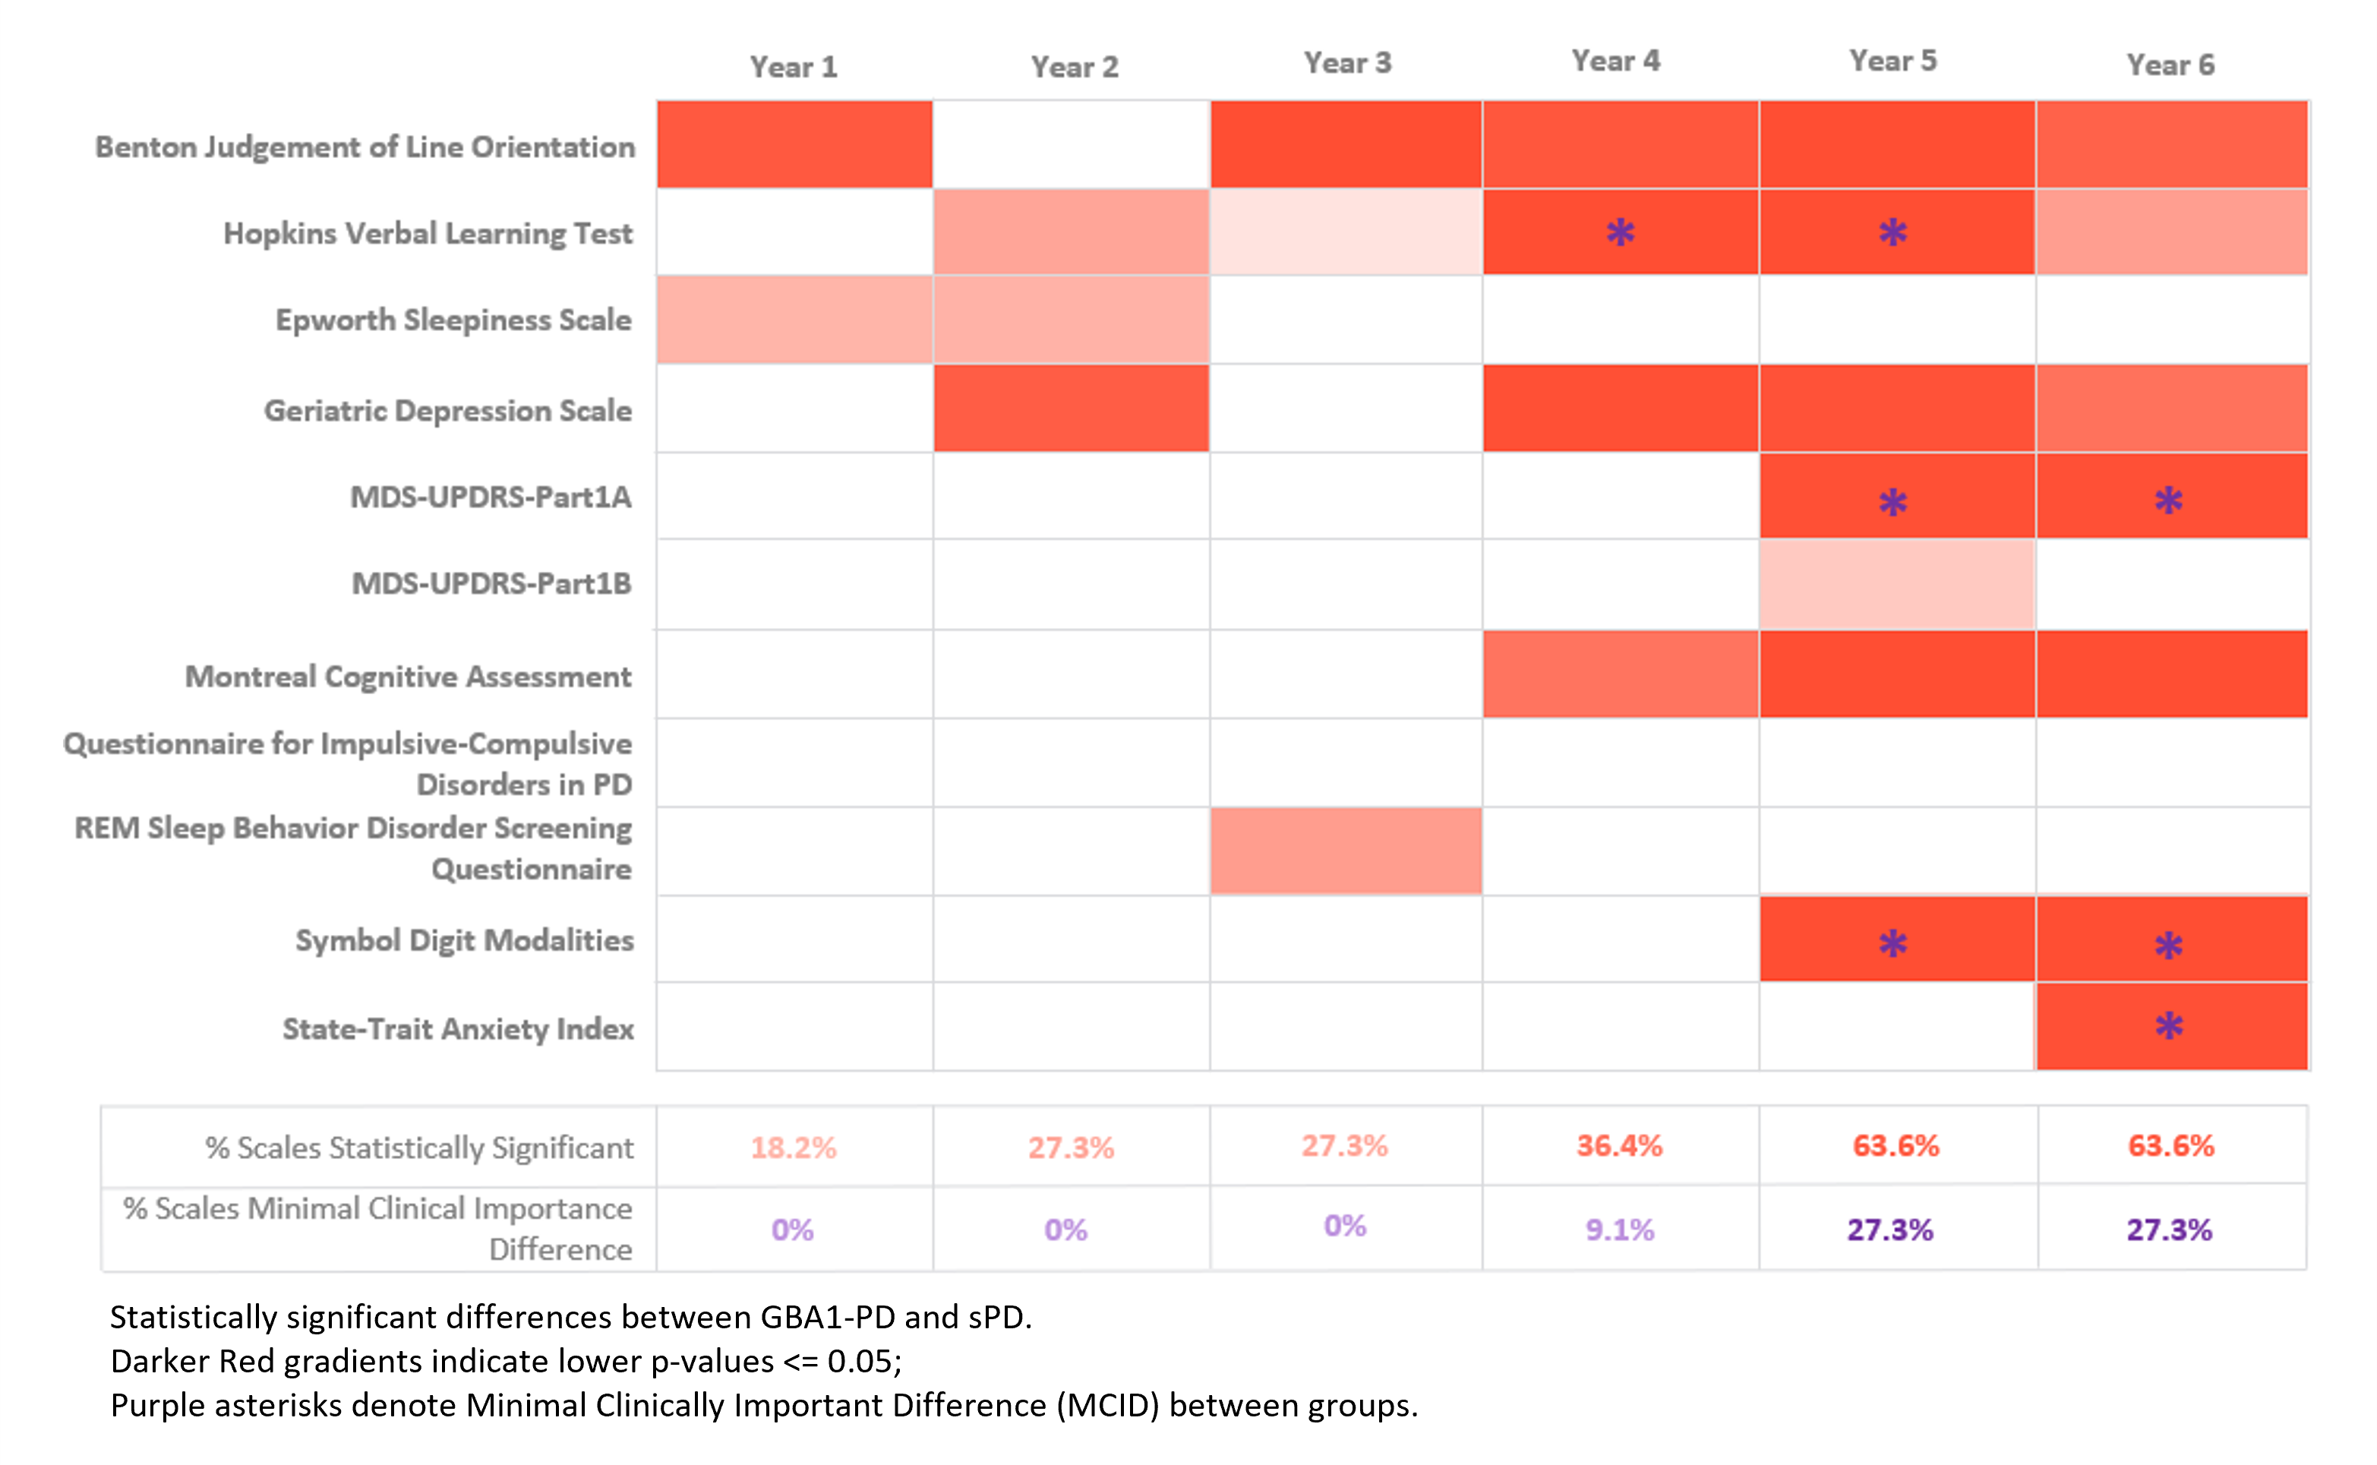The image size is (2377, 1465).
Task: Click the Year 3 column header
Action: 1346,63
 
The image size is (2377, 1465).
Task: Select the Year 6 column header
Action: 2170,65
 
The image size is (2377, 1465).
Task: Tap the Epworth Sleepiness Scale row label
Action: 453,320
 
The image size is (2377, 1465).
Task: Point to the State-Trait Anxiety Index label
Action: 457,1028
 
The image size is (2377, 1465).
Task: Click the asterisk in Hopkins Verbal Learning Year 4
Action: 1620,232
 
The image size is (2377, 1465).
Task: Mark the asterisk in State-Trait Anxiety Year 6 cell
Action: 2169,1025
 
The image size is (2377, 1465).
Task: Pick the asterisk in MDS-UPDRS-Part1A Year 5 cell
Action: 1892,502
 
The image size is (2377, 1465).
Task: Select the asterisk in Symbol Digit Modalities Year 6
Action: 2169,945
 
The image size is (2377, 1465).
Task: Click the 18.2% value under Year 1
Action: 794,1148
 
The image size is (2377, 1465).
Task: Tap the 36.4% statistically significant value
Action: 1618,1146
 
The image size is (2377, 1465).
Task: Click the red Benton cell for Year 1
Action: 794,144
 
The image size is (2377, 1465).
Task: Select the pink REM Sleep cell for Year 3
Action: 1346,851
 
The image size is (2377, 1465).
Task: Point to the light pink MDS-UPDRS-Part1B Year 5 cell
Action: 1896,583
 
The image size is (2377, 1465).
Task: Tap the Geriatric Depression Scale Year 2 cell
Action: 1072,408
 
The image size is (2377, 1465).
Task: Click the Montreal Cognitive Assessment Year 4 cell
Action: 1620,674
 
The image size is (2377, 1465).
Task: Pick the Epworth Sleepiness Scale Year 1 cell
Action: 794,320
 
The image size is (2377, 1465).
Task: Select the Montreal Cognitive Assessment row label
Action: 408,677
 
